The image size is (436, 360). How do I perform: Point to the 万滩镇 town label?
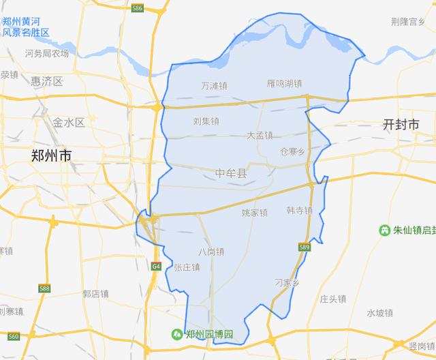point(215,87)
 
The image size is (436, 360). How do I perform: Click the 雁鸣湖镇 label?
point(285,84)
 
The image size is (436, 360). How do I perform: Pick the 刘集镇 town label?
point(206,121)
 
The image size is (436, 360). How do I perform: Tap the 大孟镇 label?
point(260,135)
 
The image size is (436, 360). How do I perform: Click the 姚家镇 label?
point(255,213)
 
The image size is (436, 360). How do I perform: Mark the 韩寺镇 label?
point(299,211)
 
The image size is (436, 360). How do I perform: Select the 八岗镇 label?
point(211,252)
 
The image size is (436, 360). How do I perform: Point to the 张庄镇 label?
point(187,267)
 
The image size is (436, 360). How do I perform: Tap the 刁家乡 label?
point(287,282)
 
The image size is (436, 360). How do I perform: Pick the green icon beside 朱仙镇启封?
point(386,231)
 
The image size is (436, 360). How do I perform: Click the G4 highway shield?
point(156,266)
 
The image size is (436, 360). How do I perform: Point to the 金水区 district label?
point(68,123)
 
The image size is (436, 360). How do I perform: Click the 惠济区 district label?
point(46,82)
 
